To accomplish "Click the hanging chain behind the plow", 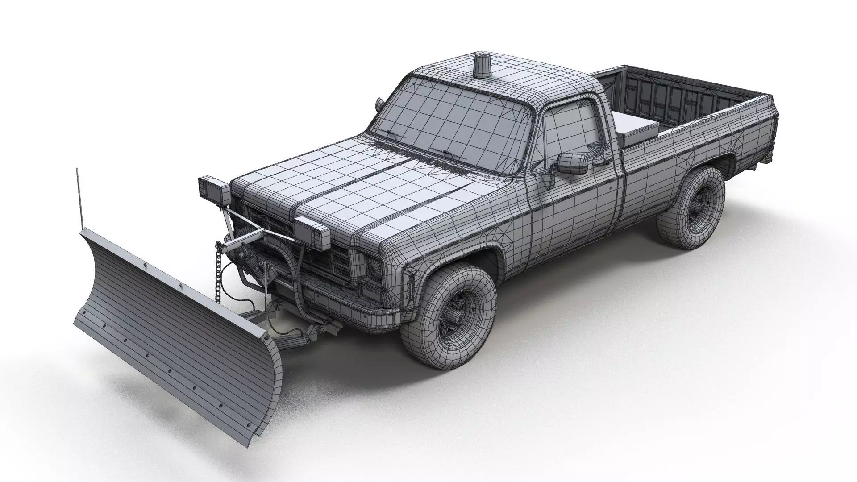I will tap(218, 276).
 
